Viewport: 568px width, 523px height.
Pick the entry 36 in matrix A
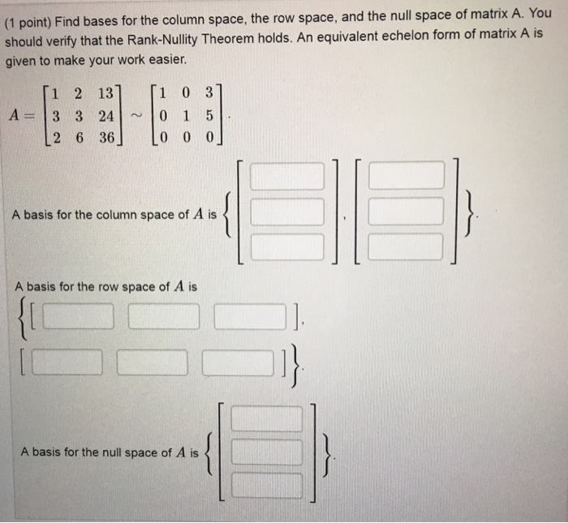click(x=105, y=137)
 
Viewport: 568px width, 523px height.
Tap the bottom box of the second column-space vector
click(x=407, y=246)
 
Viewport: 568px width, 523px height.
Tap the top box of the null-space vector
click(x=267, y=418)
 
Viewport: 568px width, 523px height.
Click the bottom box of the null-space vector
click(x=267, y=485)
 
